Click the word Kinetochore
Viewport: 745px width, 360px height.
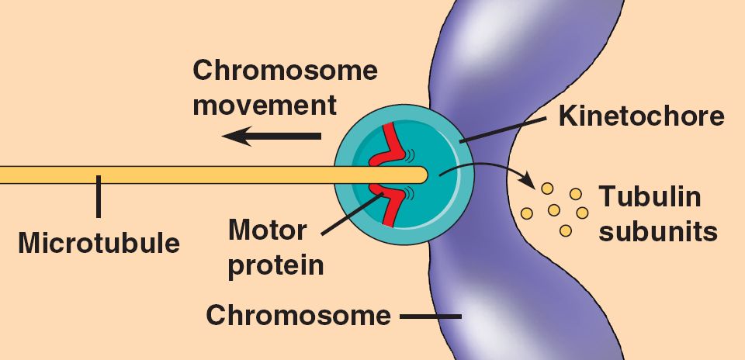coord(641,117)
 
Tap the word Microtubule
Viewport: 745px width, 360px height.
coord(99,243)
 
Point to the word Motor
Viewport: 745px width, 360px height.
coord(267,231)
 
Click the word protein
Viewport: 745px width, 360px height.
coord(275,265)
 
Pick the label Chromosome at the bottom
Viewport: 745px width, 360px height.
coord(298,316)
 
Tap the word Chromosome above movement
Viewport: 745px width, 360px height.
coord(285,71)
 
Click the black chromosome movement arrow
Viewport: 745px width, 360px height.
coord(271,137)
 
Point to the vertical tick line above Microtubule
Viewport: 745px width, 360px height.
coord(99,196)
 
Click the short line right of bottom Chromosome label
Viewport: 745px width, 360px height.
coord(430,317)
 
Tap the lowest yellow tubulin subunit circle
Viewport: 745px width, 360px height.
coord(565,230)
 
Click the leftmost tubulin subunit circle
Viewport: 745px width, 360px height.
coord(527,213)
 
